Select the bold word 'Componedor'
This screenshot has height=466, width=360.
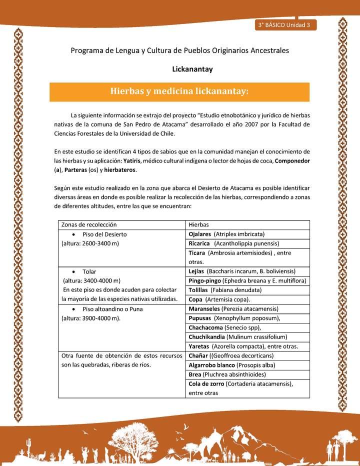(292, 160)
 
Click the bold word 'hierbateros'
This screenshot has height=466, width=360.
(120, 170)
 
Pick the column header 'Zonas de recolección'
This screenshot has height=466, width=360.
(88, 225)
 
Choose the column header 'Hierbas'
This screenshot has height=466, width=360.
(198, 225)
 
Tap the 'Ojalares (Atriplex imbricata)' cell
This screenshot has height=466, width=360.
(226, 234)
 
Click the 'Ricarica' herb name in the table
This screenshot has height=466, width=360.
(199, 243)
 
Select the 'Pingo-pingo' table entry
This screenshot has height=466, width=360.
(204, 280)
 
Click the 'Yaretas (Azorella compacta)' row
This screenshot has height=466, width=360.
(243, 346)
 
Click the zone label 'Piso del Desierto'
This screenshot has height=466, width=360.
(104, 234)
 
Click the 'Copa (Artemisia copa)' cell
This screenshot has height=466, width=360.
(218, 299)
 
